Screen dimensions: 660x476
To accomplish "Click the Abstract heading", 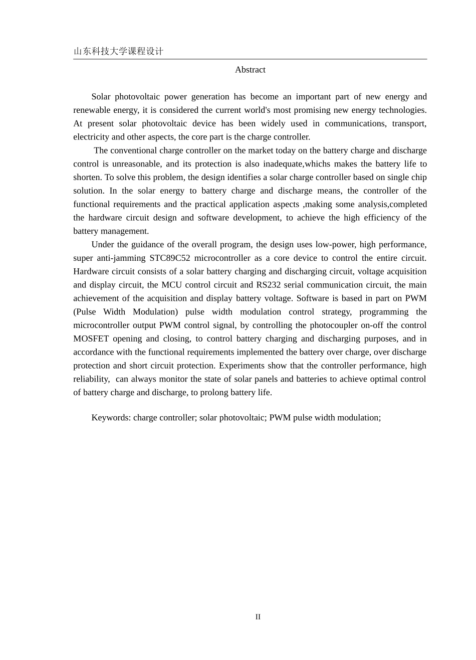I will coord(250,70).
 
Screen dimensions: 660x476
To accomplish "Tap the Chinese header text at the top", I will coord(118,51).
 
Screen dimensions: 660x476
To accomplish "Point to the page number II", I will coord(258,617).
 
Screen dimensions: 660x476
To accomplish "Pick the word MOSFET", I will coord(90,339).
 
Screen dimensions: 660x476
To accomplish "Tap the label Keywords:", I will coord(111,417).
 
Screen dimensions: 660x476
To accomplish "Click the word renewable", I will coord(93,110).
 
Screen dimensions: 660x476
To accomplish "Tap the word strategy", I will coord(337,312).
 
